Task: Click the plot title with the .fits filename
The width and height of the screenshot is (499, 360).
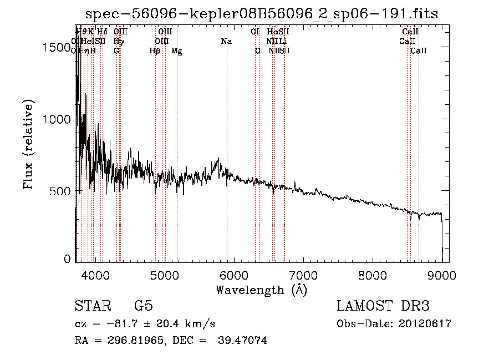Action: pos(262,14)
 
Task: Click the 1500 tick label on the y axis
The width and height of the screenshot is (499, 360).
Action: pos(57,48)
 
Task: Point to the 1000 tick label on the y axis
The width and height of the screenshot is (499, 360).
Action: pos(57,119)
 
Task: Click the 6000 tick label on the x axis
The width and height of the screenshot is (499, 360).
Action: pos(233,274)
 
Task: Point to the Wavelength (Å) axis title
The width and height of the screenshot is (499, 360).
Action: pos(261,289)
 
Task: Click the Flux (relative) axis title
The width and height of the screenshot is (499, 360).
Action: pos(28,144)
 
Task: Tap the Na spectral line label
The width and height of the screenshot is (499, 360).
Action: pos(226,42)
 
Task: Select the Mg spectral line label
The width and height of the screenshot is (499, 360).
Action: pos(176,51)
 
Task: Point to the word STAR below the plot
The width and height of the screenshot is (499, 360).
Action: pos(91,307)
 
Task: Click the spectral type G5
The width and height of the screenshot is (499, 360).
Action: pos(143,307)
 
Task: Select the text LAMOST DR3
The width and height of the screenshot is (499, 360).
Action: pos(383,307)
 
